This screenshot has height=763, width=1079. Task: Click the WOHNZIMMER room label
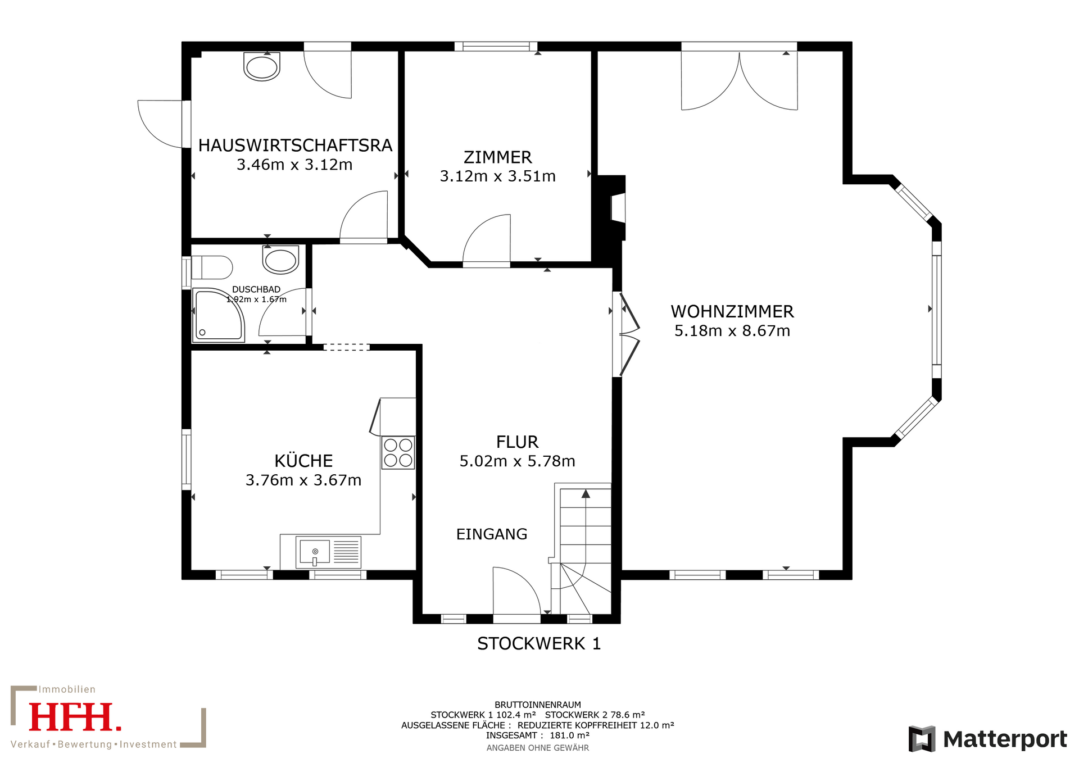[x=732, y=311]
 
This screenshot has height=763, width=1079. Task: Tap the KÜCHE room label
[x=303, y=461]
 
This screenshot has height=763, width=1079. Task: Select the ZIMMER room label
[x=498, y=157]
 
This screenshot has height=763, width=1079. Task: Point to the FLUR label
[x=517, y=442]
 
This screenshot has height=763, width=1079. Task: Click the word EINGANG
[x=492, y=534]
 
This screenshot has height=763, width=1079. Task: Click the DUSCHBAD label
[x=256, y=289]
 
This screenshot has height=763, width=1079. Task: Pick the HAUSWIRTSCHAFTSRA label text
[x=295, y=146]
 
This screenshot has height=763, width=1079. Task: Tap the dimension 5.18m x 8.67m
[x=732, y=331]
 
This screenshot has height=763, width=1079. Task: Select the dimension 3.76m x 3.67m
[x=303, y=480]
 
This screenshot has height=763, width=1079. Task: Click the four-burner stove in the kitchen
[x=398, y=453]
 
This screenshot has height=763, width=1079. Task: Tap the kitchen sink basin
[x=315, y=552]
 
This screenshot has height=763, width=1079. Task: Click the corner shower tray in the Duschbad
[x=218, y=315]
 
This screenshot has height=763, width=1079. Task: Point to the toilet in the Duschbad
[x=212, y=268]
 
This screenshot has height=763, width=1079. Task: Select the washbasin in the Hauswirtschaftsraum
[x=262, y=67]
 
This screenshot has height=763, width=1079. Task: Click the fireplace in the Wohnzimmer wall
[x=618, y=208]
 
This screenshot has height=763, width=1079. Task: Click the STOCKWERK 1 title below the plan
[x=539, y=644]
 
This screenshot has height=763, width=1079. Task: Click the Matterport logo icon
[x=922, y=739]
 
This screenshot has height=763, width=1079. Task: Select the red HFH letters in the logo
[x=75, y=717]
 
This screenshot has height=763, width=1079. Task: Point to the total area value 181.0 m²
[x=569, y=735]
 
